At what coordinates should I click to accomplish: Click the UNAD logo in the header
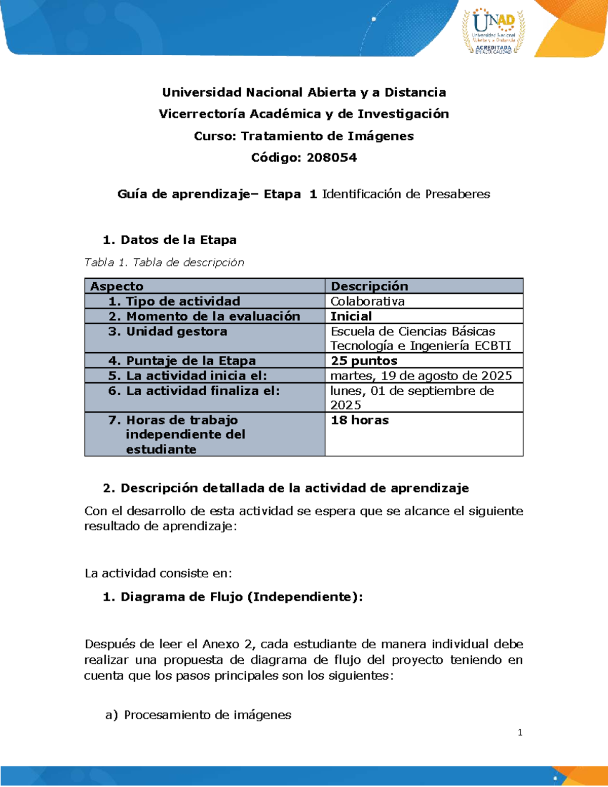[493, 30]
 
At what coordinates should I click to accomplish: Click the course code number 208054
[331, 158]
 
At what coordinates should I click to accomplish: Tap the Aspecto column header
[117, 286]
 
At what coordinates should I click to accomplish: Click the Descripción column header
[369, 286]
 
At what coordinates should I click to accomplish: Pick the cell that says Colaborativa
[367, 302]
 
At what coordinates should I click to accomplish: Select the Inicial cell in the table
[351, 316]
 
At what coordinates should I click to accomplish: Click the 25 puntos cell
[364, 361]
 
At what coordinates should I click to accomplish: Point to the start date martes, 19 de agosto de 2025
[421, 376]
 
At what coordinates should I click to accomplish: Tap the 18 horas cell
[360, 420]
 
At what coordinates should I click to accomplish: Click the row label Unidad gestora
[176, 331]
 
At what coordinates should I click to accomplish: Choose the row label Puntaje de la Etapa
[191, 361]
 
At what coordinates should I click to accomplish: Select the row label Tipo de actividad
[182, 302]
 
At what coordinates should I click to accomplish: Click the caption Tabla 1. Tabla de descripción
[164, 263]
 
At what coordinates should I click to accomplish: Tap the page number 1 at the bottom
[520, 732]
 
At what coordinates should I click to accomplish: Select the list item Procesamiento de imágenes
[208, 715]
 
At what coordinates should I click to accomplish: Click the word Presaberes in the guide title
[458, 194]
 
